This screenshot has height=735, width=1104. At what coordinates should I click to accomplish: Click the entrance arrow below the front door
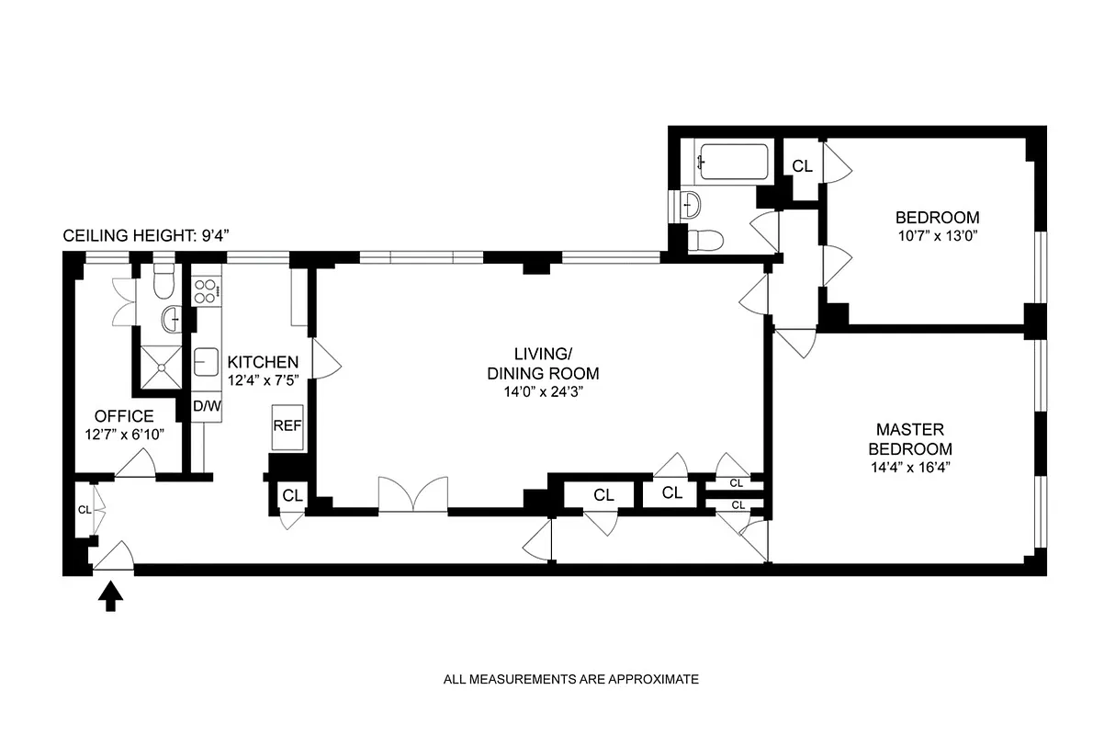110,598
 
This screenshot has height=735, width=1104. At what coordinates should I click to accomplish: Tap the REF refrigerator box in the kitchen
287,426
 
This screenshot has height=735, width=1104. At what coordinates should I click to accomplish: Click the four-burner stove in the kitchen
207,291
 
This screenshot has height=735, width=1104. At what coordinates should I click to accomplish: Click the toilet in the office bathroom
163,282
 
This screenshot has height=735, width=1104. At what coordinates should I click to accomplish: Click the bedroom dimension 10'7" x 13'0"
937,236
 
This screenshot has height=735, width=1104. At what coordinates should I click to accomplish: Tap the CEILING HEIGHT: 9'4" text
145,236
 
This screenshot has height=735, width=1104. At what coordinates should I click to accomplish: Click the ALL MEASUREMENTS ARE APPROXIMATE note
571,680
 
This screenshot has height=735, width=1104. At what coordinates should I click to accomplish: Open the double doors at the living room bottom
413,496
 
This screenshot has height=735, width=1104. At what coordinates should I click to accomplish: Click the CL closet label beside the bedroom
802,166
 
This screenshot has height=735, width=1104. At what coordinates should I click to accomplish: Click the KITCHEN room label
263,361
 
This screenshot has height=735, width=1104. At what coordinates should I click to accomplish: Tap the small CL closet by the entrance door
84,509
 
